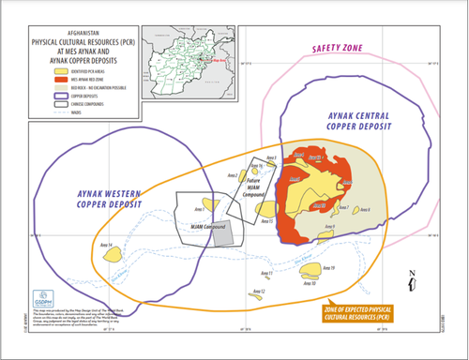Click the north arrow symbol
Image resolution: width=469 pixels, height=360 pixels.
coord(413,279)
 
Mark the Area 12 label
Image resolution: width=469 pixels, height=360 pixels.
coord(256,292)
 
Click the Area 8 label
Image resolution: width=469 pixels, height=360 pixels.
coord(365,209)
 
